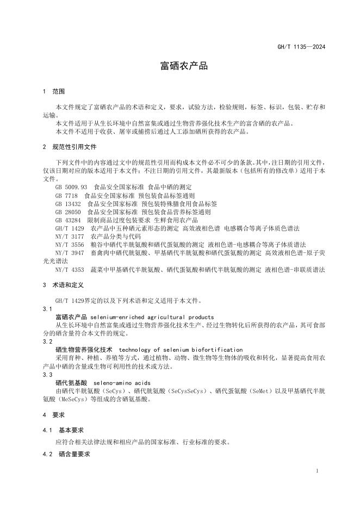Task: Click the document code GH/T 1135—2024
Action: point(301,47)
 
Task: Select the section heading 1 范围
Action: point(53,91)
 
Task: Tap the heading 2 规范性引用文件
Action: point(69,147)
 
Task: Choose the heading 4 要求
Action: point(53,415)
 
